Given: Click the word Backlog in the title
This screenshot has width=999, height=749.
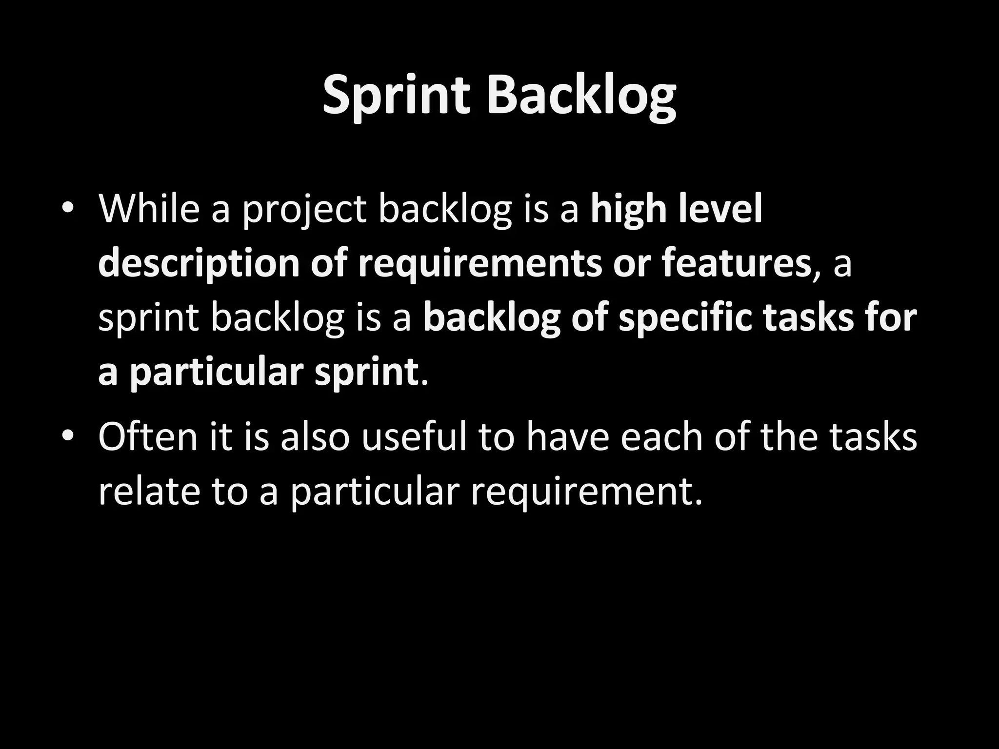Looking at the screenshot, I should [x=581, y=96].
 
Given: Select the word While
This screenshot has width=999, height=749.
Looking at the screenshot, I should [x=149, y=209].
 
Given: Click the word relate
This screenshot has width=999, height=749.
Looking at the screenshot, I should [x=149, y=492].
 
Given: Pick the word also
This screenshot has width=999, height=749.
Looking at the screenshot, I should [x=315, y=436].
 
